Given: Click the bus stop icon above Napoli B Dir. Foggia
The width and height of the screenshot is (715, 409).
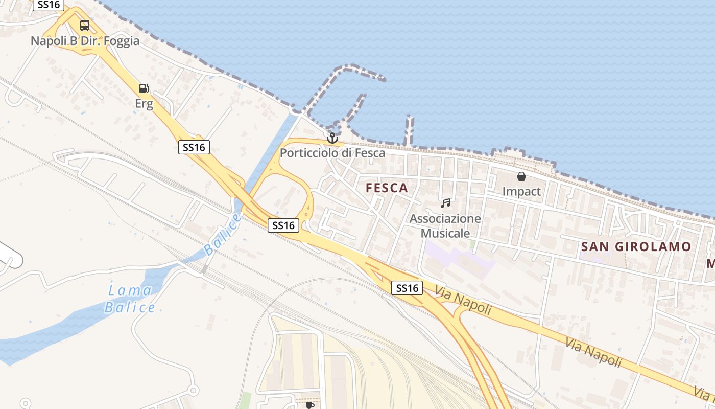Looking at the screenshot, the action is click(x=85, y=26).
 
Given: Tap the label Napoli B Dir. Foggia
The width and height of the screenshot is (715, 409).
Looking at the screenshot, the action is click(x=85, y=41).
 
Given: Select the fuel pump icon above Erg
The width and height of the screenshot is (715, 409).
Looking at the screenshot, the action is click(x=144, y=88).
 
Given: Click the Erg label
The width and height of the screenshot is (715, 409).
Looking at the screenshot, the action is click(x=144, y=104).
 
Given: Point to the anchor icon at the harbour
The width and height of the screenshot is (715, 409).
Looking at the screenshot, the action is click(x=332, y=138).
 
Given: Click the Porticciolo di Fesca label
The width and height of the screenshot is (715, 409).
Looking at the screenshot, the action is click(x=332, y=153).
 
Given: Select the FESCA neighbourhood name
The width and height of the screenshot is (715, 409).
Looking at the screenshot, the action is click(x=387, y=188).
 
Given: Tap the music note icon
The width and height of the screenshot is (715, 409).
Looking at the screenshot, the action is click(x=445, y=203).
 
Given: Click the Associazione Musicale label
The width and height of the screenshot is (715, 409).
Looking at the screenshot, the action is click(x=445, y=226).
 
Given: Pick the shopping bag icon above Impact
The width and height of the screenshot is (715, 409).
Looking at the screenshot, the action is click(x=521, y=176).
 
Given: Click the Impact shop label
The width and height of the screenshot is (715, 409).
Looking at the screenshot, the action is click(x=521, y=192).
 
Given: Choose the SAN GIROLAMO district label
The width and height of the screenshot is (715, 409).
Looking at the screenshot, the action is click(x=636, y=246).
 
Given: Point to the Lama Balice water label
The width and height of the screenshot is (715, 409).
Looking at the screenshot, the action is click(x=130, y=299).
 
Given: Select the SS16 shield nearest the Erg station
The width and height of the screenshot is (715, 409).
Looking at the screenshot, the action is click(x=194, y=147).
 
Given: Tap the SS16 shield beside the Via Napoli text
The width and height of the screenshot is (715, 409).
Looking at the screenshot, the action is click(x=408, y=288).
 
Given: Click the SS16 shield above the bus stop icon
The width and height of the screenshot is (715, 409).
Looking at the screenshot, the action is click(x=49, y=5).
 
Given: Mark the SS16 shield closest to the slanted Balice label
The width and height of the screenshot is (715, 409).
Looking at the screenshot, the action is click(x=283, y=225).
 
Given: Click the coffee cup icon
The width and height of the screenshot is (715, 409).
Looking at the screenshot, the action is click(x=309, y=405).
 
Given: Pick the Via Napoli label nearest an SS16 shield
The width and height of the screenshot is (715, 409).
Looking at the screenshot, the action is click(x=463, y=301).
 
